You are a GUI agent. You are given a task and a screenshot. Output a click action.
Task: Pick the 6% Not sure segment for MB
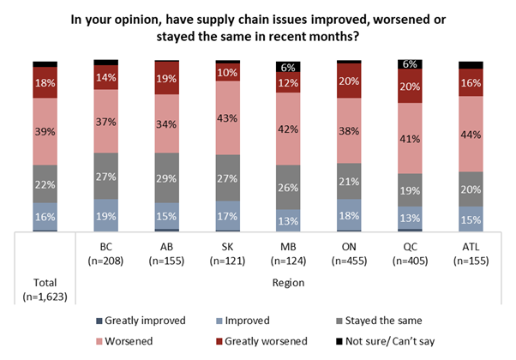[x=288, y=67]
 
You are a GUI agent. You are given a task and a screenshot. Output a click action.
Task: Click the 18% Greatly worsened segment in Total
[x=45, y=83]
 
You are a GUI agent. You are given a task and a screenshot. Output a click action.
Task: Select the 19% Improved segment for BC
[x=105, y=216]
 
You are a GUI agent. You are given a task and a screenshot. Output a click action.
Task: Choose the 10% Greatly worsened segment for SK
[x=227, y=73]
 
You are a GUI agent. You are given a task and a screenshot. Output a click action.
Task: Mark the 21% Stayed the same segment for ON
[x=349, y=181]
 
